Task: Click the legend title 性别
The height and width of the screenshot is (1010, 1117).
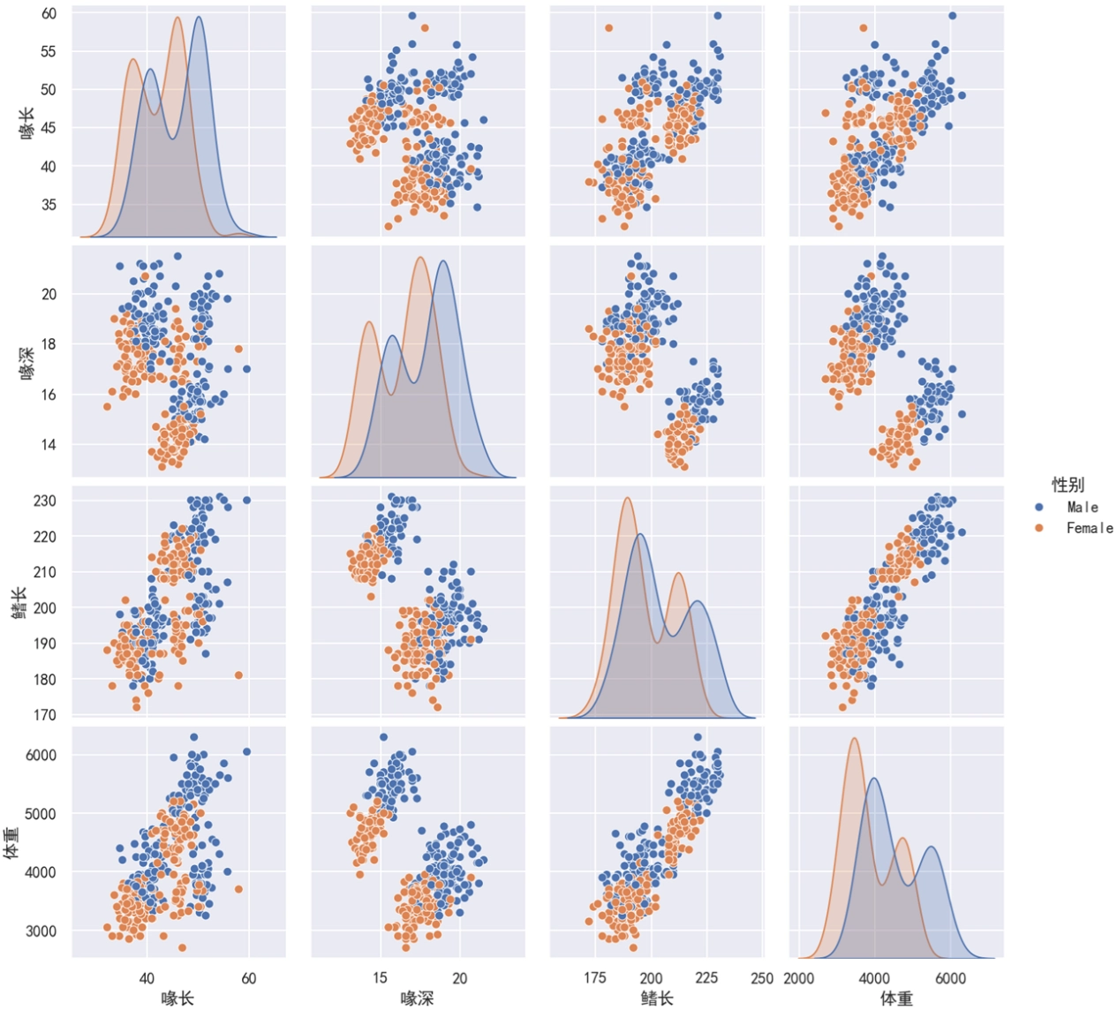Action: tap(1068, 485)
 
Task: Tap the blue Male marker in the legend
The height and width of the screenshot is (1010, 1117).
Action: tap(1039, 508)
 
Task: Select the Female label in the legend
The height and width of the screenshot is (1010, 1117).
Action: tap(1089, 528)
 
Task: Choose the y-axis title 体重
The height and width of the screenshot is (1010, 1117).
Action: tap(11, 842)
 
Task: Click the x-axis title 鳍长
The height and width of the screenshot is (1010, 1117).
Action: tap(656, 999)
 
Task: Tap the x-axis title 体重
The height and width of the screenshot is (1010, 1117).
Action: tap(896, 999)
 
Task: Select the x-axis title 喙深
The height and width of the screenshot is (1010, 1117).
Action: tap(418, 999)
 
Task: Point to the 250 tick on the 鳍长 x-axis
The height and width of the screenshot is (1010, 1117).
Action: tap(761, 978)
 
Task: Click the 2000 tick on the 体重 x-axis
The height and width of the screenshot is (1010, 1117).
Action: tap(799, 978)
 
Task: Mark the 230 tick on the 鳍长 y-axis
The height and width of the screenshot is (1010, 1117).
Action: tap(46, 501)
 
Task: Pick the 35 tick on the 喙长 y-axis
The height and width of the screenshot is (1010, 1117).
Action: tap(49, 205)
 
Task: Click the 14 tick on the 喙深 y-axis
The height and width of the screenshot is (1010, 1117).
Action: tap(49, 445)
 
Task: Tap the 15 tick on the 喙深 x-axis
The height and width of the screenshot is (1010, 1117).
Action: tap(380, 978)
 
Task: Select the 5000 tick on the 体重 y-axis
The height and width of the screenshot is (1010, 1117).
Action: tap(41, 814)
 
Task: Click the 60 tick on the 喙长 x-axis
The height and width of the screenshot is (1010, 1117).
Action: tap(249, 978)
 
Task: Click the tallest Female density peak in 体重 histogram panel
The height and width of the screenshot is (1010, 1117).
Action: tap(854, 739)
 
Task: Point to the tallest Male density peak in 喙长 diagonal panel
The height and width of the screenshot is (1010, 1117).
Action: tap(199, 18)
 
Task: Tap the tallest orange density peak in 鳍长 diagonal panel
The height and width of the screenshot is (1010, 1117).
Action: tap(627, 498)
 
